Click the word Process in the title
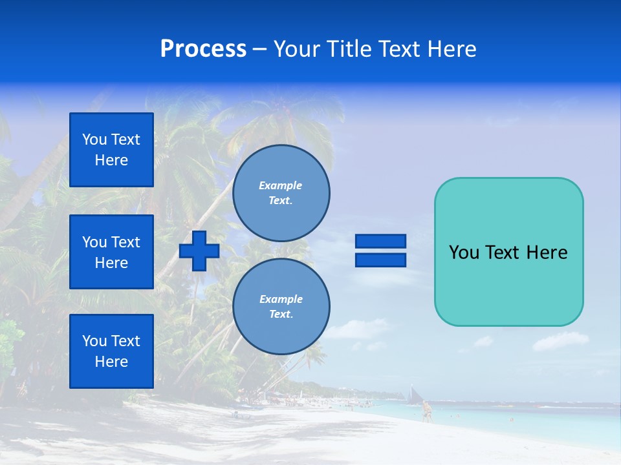point(203,49)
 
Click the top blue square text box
point(111,150)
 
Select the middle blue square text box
point(111,252)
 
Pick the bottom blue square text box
point(111,351)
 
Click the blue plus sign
point(199,251)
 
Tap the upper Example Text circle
point(281,193)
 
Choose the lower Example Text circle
point(281,307)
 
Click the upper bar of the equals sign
point(380,242)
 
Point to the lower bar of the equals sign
point(380,260)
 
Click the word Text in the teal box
point(503,253)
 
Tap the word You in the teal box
point(463,253)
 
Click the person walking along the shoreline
point(426,411)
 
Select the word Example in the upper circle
point(280,185)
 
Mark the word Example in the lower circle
point(281,299)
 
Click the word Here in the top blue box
point(111,160)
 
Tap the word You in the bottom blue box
point(94,341)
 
